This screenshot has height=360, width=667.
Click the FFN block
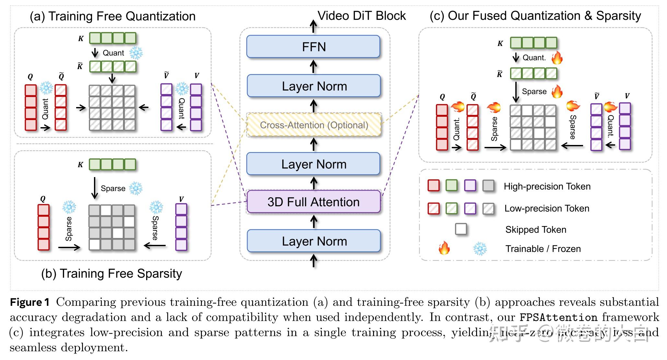click(x=313, y=47)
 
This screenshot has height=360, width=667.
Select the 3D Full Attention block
click(x=313, y=202)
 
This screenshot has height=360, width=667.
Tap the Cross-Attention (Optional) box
click(x=314, y=125)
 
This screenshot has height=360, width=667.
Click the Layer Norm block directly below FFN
click(x=314, y=86)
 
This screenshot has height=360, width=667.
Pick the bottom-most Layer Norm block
click(x=314, y=241)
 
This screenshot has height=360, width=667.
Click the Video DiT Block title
click(x=361, y=16)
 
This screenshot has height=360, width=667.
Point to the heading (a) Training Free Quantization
click(x=112, y=16)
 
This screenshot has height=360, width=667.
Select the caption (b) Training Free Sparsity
click(x=111, y=273)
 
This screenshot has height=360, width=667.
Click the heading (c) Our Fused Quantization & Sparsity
click(x=535, y=16)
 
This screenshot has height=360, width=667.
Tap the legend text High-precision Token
click(x=547, y=186)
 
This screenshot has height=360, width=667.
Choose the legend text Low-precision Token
click(x=547, y=208)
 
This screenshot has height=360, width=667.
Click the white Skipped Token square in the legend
click(x=461, y=229)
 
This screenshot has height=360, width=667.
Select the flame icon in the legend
click(x=444, y=248)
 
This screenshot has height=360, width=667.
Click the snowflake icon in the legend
click(x=480, y=249)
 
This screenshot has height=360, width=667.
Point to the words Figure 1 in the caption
click(x=30, y=302)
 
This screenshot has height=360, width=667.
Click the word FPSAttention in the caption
click(x=558, y=317)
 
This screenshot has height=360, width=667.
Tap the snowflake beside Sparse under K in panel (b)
click(x=135, y=188)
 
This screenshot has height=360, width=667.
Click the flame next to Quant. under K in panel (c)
click(x=557, y=58)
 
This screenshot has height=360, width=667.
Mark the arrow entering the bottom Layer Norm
click(x=313, y=261)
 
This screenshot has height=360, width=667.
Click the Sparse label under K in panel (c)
click(x=534, y=91)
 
